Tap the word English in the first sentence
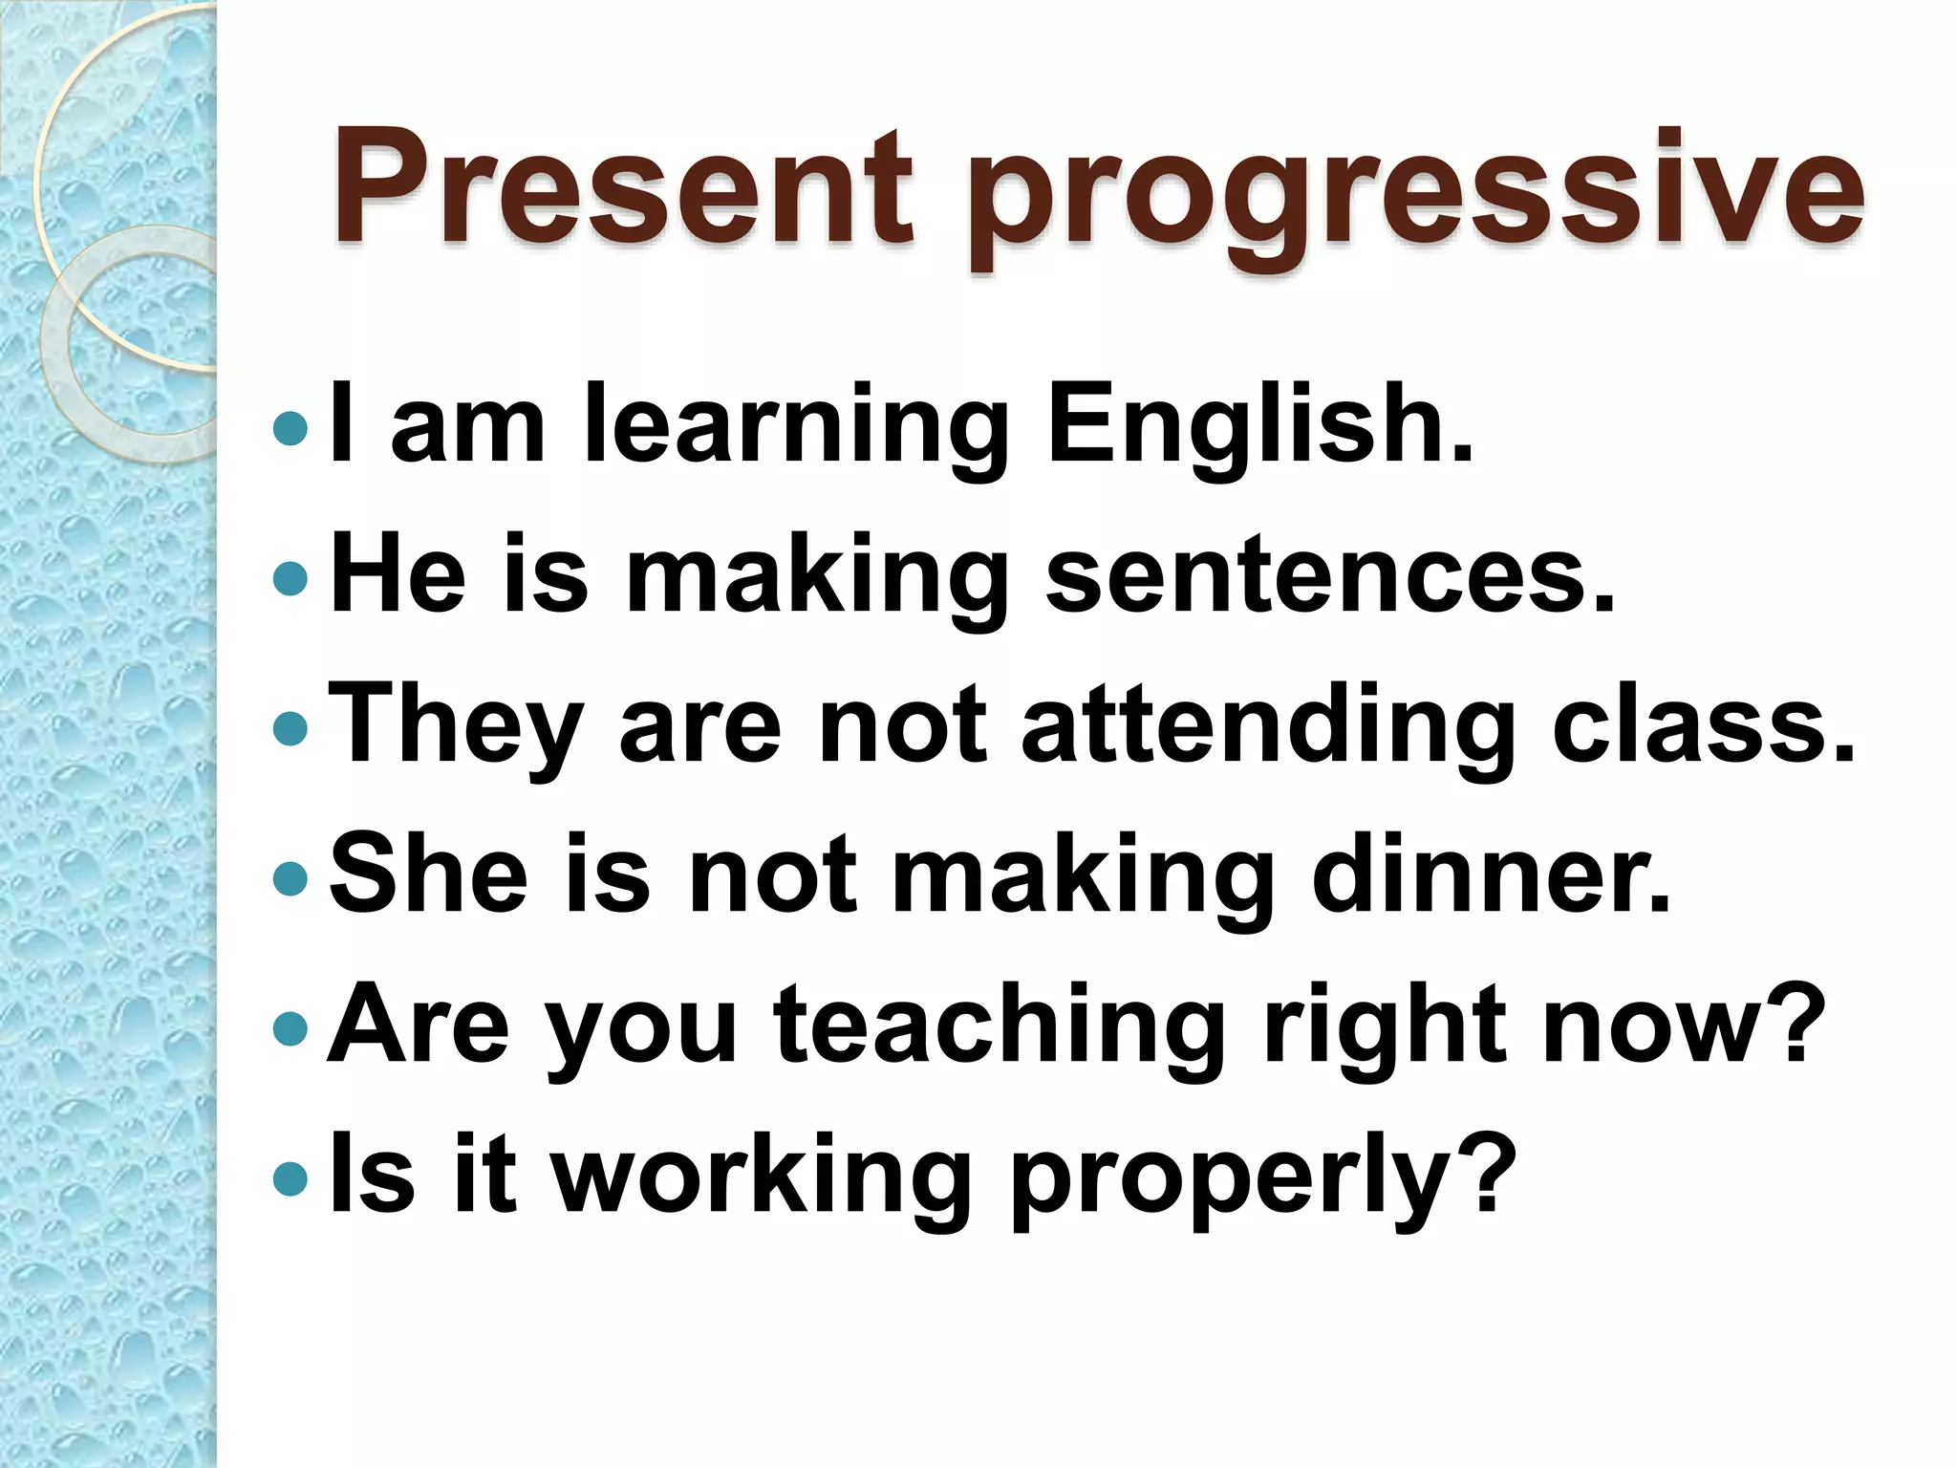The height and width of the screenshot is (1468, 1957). [x=1259, y=425]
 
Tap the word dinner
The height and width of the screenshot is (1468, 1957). [x=1490, y=874]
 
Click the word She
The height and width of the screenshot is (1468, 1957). [x=428, y=874]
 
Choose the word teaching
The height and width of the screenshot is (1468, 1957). [x=1000, y=1027]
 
